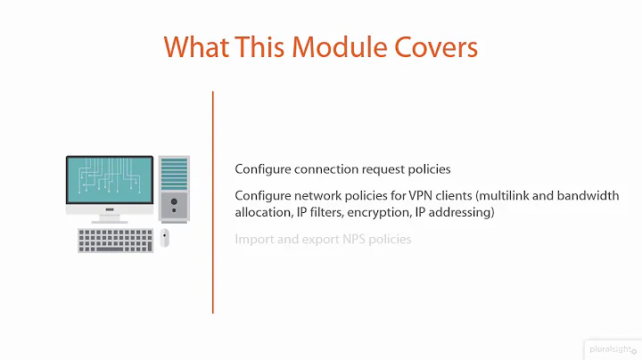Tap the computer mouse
165,239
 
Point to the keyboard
116,240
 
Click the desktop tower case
174,188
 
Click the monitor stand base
110,220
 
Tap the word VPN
416,195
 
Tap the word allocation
264,214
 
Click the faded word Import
254,240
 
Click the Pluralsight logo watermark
610,348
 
